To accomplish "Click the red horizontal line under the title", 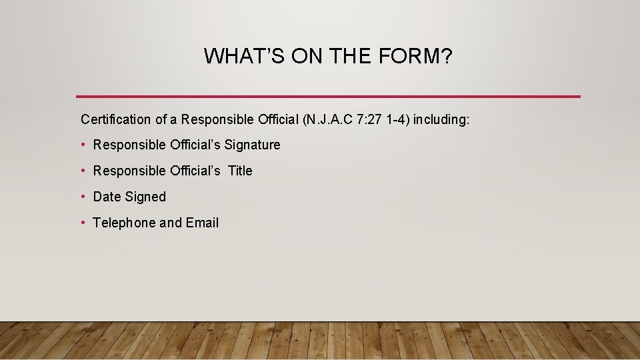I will pos(328,97).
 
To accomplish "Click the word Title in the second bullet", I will pos(240,171).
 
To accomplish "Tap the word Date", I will pos(107,197).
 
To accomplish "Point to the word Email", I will pos(203,223).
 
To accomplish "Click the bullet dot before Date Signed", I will pos(83,197).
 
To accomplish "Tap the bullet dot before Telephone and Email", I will pos(83,223).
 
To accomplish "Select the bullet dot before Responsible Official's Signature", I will pos(83,145).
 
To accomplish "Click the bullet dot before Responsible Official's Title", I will pos(83,171).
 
